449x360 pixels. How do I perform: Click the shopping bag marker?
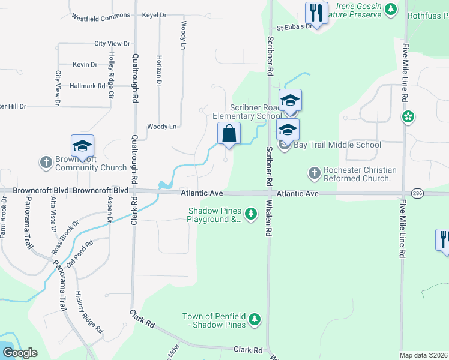coord(229,134)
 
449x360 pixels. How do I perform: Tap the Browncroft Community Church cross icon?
coord(46,162)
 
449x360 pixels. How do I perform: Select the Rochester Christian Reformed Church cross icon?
coord(314,174)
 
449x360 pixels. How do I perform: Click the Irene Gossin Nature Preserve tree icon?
coord(391,9)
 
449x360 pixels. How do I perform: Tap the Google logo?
coord(19,353)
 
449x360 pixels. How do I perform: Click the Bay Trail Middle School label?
coord(337,145)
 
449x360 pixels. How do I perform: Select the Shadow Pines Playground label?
coord(214,215)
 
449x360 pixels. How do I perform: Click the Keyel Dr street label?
coord(155,15)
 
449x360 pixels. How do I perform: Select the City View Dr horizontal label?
coord(112,44)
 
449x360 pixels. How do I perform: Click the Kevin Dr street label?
coord(85,64)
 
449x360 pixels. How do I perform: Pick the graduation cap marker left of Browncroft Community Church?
coord(82,146)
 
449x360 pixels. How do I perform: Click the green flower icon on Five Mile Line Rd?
coord(408,116)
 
